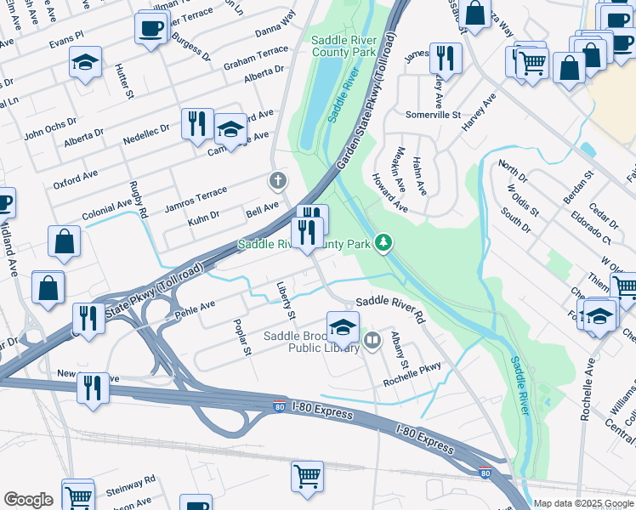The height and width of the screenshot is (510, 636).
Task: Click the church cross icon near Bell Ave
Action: (x=277, y=180)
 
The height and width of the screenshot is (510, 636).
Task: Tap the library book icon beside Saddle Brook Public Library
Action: (x=372, y=342)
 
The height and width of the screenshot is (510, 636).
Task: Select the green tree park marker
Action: (x=384, y=244)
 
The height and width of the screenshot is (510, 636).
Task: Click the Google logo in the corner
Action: (x=28, y=500)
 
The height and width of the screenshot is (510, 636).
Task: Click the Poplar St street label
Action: (x=242, y=338)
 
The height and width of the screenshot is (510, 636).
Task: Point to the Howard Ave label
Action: (x=389, y=193)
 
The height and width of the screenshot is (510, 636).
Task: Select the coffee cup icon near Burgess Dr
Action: (x=150, y=27)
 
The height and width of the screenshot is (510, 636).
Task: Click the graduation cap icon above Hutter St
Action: (x=85, y=61)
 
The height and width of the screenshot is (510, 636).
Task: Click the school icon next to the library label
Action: (x=342, y=326)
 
